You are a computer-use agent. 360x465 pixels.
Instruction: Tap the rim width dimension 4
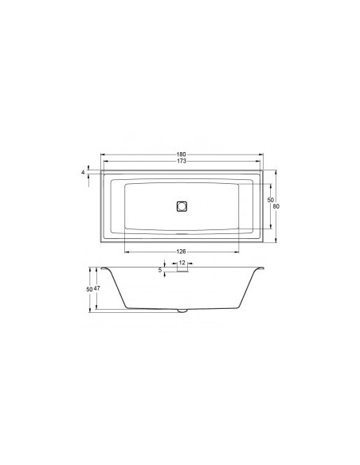[83, 171]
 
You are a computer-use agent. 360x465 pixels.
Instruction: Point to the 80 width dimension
[276, 206]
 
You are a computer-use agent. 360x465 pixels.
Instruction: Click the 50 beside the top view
[270, 199]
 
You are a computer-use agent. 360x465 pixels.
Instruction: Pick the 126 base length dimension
[181, 251]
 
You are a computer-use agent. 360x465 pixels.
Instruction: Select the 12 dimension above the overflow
[182, 263]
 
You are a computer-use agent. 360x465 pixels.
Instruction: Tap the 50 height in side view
[89, 288]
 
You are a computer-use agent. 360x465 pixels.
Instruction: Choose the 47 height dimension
[97, 288]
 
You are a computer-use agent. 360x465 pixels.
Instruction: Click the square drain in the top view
[181, 205]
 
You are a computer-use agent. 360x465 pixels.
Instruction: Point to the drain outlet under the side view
[181, 311]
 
